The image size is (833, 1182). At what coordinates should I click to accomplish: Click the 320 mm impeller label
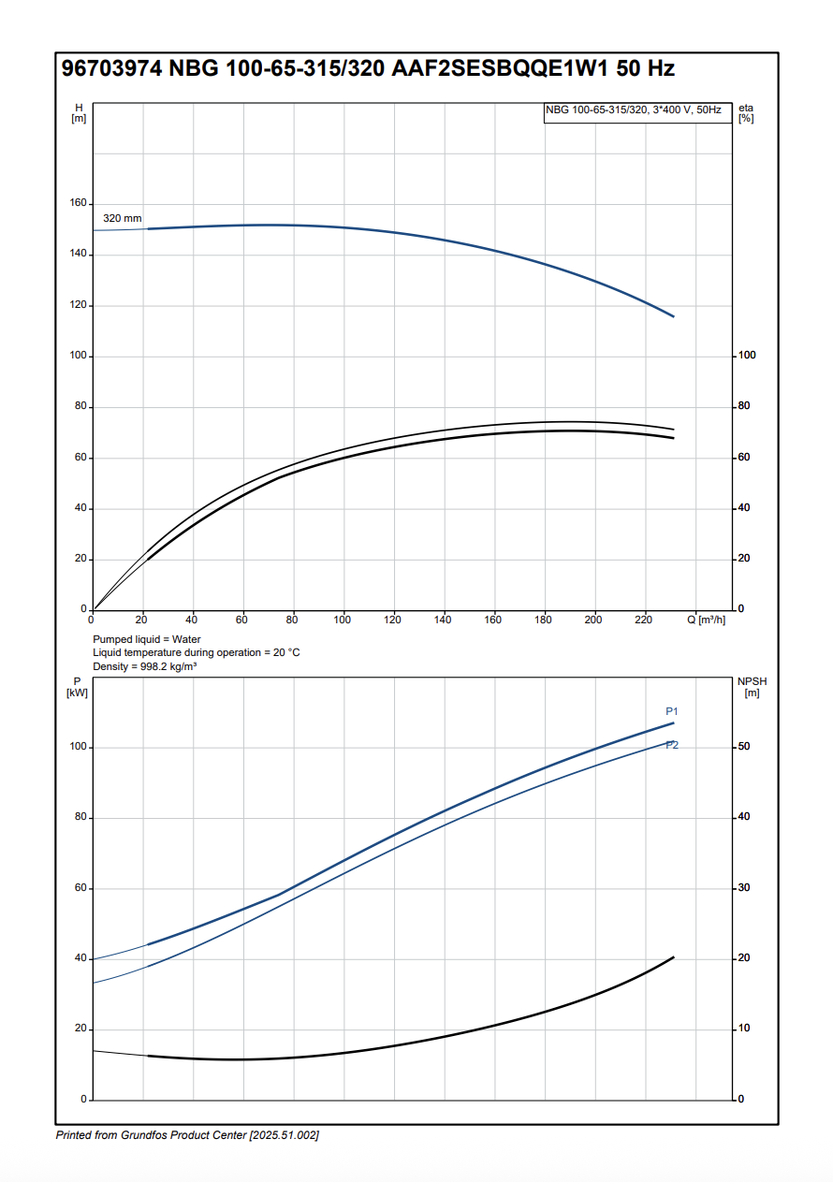[x=122, y=218]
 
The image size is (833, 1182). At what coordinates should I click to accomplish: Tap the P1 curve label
[x=672, y=711]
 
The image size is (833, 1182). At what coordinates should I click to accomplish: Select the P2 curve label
[x=672, y=745]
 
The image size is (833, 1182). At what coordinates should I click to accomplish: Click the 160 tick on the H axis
[x=79, y=203]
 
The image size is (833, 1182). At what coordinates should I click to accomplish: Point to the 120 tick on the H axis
[x=79, y=305]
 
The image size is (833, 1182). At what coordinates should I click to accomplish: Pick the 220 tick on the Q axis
[x=644, y=620]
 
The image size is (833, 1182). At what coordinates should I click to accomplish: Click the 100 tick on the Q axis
[x=343, y=620]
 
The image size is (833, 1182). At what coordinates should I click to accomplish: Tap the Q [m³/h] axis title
[x=706, y=620]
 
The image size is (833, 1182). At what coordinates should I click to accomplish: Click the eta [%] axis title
[x=746, y=112]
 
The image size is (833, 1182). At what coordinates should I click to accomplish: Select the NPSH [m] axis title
[x=752, y=687]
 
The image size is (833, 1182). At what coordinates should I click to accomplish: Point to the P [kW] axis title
[x=77, y=687]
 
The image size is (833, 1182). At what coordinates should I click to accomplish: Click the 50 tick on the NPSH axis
[x=743, y=747]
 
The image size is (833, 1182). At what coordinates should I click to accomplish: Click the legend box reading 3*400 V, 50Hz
[x=636, y=110]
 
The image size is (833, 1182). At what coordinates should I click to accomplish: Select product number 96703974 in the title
[x=111, y=68]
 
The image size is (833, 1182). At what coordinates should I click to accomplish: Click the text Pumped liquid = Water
[x=147, y=639]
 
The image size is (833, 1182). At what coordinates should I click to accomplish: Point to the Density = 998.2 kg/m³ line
[x=144, y=665]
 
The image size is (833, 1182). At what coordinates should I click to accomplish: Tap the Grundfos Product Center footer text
[x=187, y=1135]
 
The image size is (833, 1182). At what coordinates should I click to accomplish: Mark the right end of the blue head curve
[x=674, y=316]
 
